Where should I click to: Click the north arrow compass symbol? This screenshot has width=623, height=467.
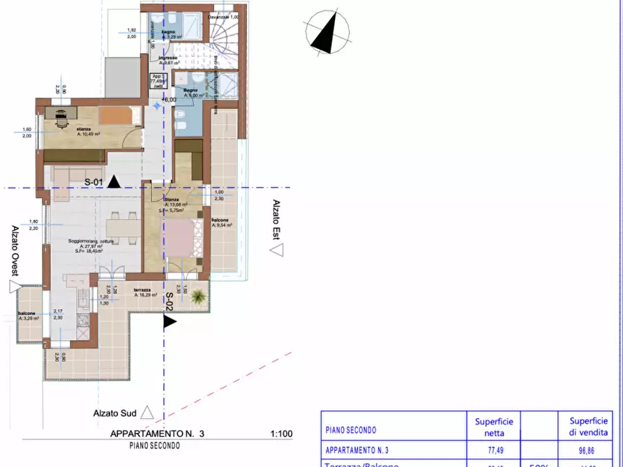click(x=326, y=32)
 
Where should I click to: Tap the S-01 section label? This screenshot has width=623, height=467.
click(x=94, y=182)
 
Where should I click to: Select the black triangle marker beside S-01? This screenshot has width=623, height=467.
click(x=114, y=182)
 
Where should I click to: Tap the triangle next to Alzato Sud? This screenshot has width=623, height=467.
click(x=147, y=412)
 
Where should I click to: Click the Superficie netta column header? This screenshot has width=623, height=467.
click(x=494, y=426)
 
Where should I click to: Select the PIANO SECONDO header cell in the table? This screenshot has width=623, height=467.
click(x=351, y=430)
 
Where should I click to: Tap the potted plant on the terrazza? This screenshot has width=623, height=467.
click(x=199, y=296)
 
